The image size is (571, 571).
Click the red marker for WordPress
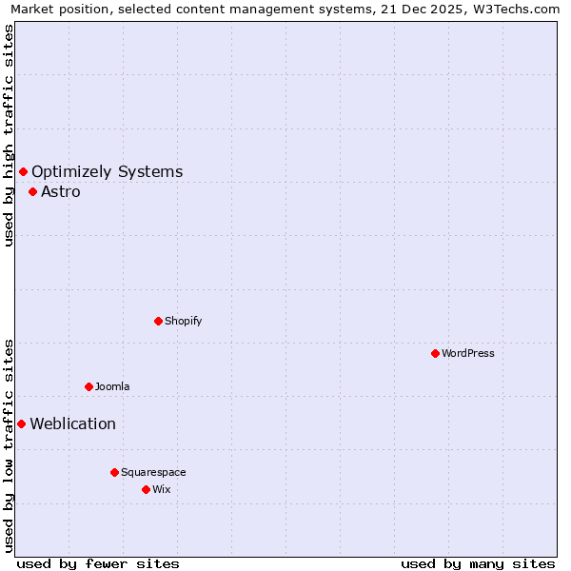tap(435, 353)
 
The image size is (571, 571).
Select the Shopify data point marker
tap(158, 321)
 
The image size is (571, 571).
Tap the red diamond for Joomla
tap(89, 386)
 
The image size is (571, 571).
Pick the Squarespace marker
tap(114, 472)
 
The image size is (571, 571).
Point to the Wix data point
tap(146, 489)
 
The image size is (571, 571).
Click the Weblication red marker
tap(21, 423)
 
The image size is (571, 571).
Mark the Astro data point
tap(32, 191)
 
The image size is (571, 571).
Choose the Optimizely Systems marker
tap(23, 171)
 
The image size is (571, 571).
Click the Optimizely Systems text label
tap(107, 171)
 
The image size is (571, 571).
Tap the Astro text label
tap(60, 191)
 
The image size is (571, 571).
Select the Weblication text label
tap(72, 423)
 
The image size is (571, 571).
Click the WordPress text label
tap(467, 353)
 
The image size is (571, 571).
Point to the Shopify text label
tap(183, 321)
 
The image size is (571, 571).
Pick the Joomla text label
tap(111, 386)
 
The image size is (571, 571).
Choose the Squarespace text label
tap(153, 472)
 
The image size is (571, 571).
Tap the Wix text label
tap(161, 489)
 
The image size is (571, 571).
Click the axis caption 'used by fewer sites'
tap(98, 563)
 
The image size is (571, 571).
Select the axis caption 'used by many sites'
tap(478, 563)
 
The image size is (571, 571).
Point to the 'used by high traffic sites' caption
tap(10, 135)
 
